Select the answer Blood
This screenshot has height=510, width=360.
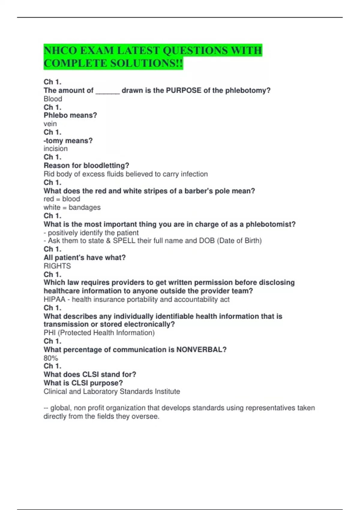coord(53,99)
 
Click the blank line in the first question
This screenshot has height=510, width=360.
coord(107,91)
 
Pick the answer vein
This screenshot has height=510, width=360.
coord(50,124)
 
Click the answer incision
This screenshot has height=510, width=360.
coord(55,148)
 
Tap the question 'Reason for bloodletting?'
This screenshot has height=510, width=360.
coord(86,165)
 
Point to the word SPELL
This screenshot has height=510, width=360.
coord(124,241)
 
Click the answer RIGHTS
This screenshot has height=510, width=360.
coord(57,266)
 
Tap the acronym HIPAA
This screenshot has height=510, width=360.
coord(54,299)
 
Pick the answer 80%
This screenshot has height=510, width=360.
coord(51,358)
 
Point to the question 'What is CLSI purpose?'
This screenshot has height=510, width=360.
coord(83,383)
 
